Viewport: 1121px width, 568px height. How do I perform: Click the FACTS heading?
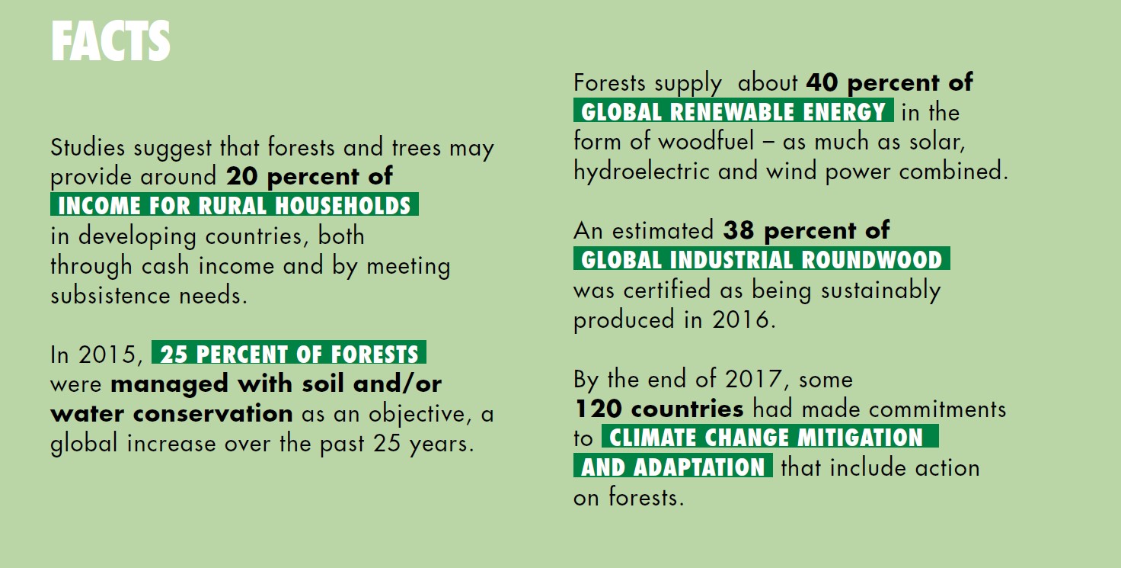(110, 41)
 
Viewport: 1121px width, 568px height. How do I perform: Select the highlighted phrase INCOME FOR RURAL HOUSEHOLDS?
(235, 204)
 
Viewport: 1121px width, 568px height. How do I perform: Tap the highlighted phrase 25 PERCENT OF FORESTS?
(289, 353)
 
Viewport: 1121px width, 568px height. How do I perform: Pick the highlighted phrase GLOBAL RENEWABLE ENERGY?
(733, 111)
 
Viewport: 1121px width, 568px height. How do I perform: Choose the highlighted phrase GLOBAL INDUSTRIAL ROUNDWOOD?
(762, 258)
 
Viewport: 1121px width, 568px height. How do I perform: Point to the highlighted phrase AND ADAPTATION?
(673, 466)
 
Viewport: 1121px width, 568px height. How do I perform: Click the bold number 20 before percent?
(242, 176)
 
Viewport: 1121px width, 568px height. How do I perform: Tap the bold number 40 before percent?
(822, 82)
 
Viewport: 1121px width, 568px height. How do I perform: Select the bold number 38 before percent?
(739, 230)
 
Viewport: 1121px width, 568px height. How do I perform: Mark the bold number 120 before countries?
(599, 409)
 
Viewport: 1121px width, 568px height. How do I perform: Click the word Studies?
(88, 147)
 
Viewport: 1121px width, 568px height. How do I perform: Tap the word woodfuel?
(706, 141)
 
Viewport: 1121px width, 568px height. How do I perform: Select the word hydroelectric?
(641, 171)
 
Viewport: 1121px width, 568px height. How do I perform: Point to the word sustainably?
(881, 290)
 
